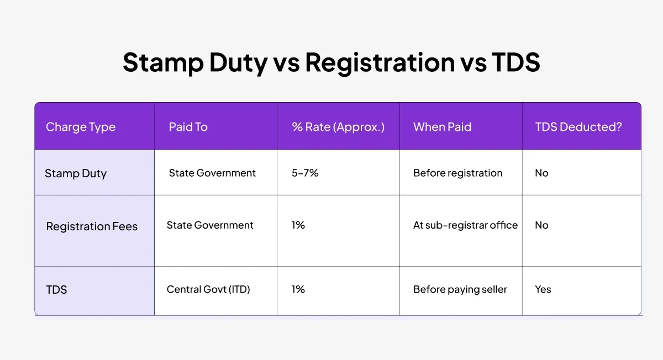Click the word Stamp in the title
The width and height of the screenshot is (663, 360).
coord(164,63)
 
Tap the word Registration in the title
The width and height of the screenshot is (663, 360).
coord(380,63)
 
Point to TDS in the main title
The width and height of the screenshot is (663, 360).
coord(516,62)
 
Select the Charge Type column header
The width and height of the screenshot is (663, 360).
coord(81,127)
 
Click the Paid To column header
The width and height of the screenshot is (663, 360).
coord(188,127)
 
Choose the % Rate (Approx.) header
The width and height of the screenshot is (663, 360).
coord(338,127)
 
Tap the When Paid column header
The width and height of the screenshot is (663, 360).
coord(442,127)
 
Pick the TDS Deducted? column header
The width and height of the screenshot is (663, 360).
coord(578,127)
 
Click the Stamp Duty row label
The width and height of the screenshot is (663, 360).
coord(76,173)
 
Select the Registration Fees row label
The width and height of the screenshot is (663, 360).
coord(92,226)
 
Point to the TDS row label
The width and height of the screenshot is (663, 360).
coord(56,289)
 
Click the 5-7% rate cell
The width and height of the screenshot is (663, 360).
coord(305,173)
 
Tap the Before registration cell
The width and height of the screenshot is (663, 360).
coord(457,173)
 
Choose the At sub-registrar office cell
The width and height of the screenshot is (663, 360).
coord(465,225)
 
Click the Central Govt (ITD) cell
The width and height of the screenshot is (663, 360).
coord(208,289)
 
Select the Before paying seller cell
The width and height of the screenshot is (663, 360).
coord(460,289)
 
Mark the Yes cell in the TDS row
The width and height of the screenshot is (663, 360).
coord(543,289)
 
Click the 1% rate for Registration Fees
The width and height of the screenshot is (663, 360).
coord(298,225)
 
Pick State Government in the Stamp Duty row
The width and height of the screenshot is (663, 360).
coord(212,173)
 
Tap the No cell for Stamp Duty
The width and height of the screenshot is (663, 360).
coord(541,173)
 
